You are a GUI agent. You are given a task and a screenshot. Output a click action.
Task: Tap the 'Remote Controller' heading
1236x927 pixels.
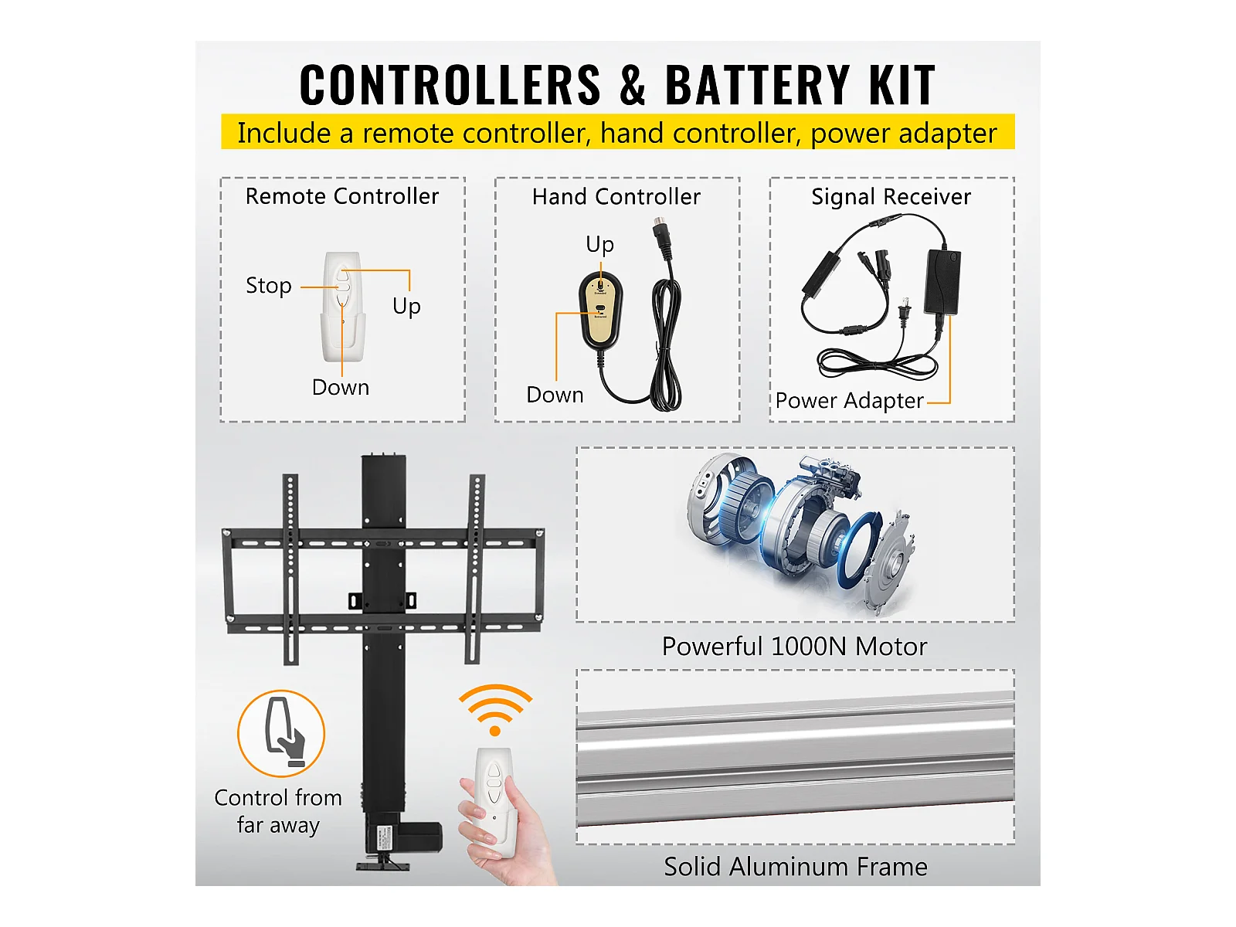point(341,196)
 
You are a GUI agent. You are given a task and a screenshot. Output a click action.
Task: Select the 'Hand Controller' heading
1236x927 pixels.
point(616,197)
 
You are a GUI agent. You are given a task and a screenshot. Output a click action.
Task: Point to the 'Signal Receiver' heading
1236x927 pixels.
point(891,197)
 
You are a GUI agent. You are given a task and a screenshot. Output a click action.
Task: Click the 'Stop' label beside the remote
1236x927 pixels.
point(269,285)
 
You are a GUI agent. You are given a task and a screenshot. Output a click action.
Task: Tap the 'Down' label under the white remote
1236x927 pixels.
point(341,387)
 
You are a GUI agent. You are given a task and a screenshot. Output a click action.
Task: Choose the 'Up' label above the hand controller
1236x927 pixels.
point(599,245)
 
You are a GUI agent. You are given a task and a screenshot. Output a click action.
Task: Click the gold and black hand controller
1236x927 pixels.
point(600,310)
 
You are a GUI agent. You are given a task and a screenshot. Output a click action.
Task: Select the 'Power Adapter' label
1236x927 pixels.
point(849,401)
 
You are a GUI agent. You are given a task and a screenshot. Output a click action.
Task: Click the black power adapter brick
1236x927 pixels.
point(942,281)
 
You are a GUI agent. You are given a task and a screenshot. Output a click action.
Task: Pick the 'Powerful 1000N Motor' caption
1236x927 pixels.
point(794,646)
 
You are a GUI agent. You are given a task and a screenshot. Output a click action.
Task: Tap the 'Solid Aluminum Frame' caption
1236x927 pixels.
point(795,867)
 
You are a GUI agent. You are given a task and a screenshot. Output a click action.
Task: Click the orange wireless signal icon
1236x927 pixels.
point(495,710)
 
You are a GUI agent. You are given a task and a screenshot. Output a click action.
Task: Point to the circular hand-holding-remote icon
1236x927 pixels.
point(281,734)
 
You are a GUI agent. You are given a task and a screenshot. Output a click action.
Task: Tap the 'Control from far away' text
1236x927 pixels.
point(278,812)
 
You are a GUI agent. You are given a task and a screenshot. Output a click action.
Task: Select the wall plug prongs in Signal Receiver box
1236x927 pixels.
point(905,310)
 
